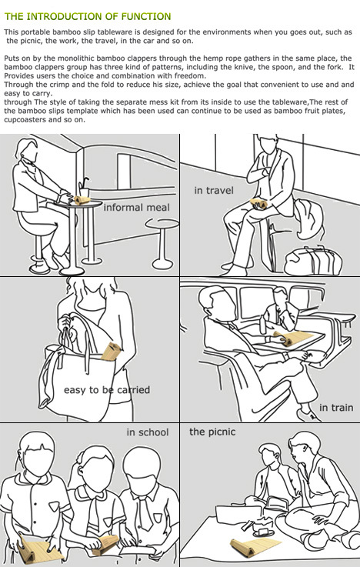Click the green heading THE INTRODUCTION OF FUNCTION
pos(88,16)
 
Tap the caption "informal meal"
pos(136,207)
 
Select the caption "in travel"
pos(214,190)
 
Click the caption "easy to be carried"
pos(107,390)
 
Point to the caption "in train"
pos(336,408)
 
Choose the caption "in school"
pos(148,432)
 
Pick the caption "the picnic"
pos(212,432)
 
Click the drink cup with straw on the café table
pos(84,188)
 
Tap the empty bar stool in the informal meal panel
pos(162,243)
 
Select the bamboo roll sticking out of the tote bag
pos(111,352)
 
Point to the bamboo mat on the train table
pos(293,338)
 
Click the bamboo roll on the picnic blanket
pos(255,547)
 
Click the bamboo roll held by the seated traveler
pos(259,204)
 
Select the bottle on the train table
pos(263,324)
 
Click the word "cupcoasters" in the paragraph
pos(24,120)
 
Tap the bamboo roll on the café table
pos(82,199)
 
